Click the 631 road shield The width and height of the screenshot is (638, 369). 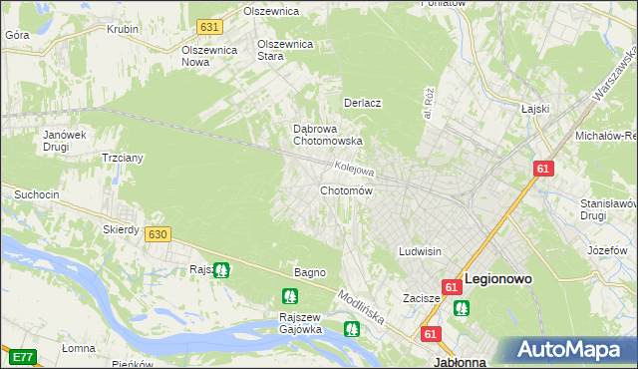(208, 27)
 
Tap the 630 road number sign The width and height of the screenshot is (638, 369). (157, 233)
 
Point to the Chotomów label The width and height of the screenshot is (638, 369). (346, 190)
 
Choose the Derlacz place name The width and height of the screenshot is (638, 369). (364, 103)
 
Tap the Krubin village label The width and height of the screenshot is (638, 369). (122, 29)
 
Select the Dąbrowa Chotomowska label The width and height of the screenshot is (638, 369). (327, 135)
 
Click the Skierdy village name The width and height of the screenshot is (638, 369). (121, 229)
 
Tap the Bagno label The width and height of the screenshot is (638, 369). (309, 272)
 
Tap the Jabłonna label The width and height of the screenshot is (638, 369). (460, 363)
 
